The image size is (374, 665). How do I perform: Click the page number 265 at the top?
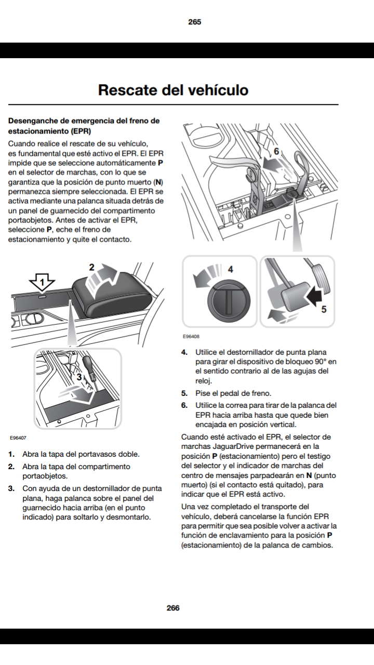[x=195, y=22]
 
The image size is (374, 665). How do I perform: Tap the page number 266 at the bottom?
[x=173, y=608]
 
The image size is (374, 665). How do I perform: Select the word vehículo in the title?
[x=213, y=90]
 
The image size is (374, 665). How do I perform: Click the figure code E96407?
[x=18, y=438]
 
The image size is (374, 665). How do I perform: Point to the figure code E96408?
[x=191, y=337]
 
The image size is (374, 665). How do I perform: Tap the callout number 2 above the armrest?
[x=91, y=268]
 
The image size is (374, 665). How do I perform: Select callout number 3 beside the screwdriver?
[x=79, y=378]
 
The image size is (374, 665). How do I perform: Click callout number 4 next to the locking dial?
[x=231, y=269]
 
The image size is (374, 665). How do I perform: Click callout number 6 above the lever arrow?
[x=276, y=151]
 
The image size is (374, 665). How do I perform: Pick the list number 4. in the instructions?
[x=184, y=353]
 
